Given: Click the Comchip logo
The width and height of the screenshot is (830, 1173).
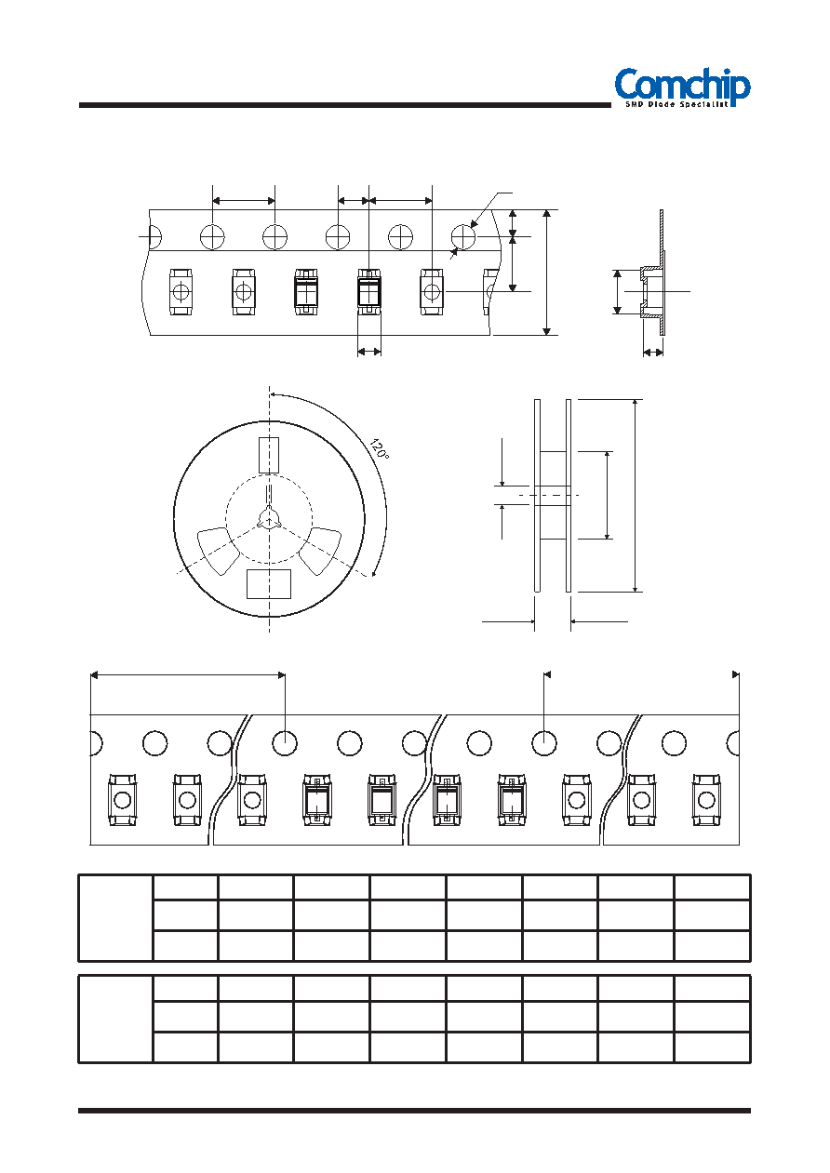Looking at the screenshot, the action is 682,87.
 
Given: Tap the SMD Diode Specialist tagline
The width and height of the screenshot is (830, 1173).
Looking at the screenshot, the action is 677,105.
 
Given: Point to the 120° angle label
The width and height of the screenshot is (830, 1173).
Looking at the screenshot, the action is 379,450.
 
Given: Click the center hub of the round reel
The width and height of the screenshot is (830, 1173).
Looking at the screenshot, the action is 269,519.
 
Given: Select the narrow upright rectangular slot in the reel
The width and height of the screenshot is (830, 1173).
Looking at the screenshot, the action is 269,455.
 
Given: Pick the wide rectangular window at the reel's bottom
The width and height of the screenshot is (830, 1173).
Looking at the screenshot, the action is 269,584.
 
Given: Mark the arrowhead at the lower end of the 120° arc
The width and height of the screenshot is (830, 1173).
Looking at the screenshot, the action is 374,574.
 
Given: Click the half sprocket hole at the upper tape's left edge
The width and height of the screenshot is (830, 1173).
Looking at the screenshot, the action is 155,236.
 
